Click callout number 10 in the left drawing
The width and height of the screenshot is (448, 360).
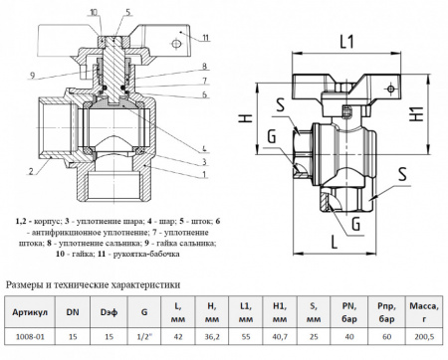point(93,14)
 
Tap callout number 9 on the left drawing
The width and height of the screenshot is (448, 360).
point(31,76)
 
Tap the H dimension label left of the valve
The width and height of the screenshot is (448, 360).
point(243,120)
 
